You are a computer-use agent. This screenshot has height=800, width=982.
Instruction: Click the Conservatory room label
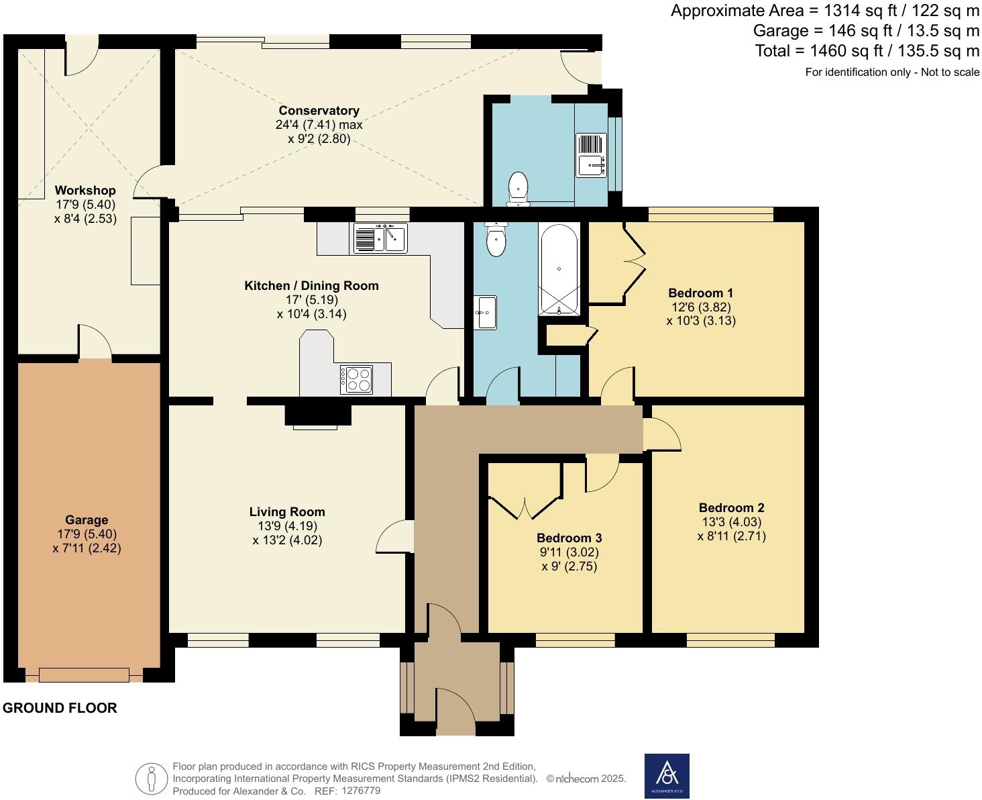click(319, 111)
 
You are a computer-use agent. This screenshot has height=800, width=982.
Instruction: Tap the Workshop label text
click(85, 191)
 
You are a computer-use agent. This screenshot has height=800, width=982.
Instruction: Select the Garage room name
click(87, 519)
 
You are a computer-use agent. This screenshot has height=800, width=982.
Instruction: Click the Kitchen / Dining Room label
click(311, 286)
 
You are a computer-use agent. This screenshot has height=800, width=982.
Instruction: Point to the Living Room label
click(287, 512)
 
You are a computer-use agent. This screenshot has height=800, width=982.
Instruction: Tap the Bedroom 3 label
click(569, 538)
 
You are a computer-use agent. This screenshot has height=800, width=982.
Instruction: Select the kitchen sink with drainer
click(380, 238)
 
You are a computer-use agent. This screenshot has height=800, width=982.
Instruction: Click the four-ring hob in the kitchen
click(356, 379)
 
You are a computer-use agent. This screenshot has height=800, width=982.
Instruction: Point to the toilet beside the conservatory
click(518, 188)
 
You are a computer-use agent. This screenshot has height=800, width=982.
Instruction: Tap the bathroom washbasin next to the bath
click(485, 312)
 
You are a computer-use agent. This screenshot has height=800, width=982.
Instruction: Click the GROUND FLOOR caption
click(60, 708)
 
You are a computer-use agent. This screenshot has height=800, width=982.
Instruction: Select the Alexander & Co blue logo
click(667, 777)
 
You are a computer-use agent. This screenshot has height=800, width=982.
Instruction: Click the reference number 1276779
click(361, 791)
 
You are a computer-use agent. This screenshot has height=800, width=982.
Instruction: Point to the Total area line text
click(867, 51)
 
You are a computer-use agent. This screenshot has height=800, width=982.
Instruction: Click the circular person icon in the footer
click(152, 779)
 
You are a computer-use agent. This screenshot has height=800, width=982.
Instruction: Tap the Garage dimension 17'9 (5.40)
click(87, 534)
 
